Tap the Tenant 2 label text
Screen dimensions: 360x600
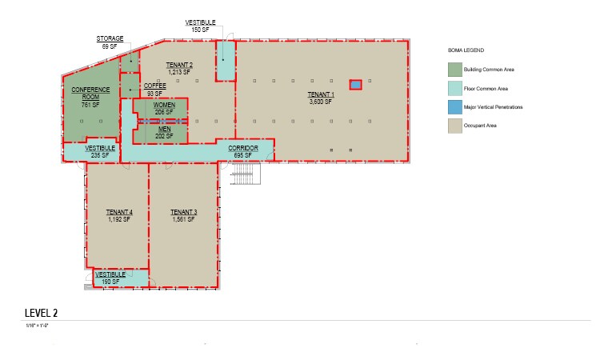click(179, 68)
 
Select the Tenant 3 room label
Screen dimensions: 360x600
click(183, 215)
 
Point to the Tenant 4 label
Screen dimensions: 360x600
click(119, 215)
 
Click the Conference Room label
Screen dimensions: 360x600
click(90, 96)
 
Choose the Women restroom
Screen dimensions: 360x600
click(164, 109)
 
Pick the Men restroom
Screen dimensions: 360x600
click(164, 132)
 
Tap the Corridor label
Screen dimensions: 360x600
click(242, 151)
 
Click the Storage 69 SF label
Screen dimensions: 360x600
click(110, 42)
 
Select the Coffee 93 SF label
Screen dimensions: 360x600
click(154, 90)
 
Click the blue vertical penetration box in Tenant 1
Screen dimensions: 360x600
click(355, 84)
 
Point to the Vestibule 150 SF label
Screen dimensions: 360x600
click(200, 26)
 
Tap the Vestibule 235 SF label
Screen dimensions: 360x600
click(101, 151)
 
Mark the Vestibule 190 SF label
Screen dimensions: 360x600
click(110, 278)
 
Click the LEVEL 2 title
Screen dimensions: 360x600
click(41, 313)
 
